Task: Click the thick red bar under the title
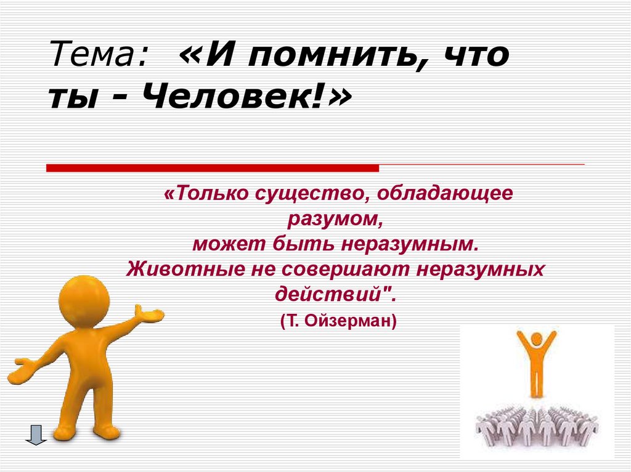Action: tap(213, 167)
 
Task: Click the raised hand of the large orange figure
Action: tap(151, 315)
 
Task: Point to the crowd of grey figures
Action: tap(536, 425)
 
